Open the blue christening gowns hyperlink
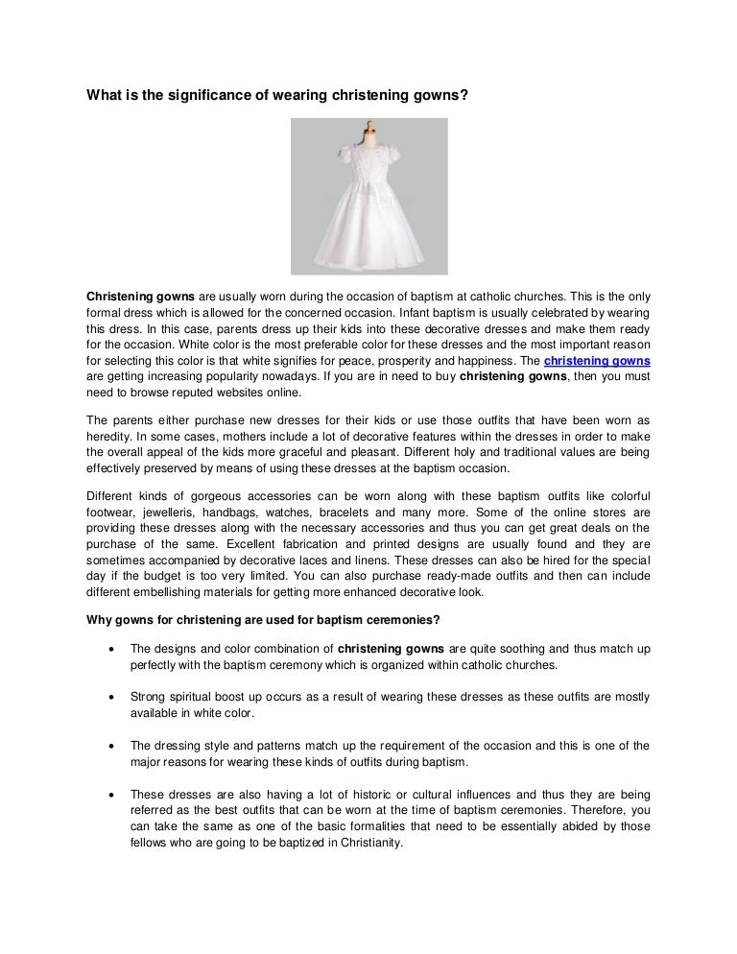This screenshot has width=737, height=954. [597, 361]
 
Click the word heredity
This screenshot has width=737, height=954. [111, 437]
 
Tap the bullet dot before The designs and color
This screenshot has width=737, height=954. [114, 649]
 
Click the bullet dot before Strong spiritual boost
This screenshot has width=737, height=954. [114, 697]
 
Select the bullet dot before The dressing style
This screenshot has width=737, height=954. [114, 746]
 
